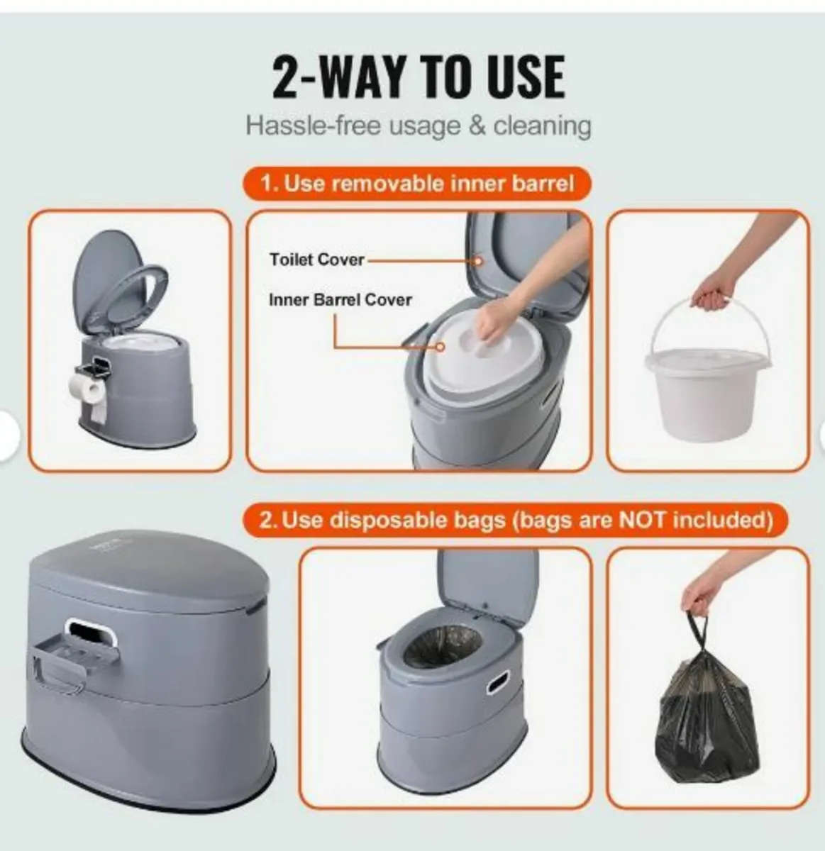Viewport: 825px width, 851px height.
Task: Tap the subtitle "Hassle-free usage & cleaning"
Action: tap(418, 126)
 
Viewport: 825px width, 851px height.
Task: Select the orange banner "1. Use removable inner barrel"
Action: tap(417, 184)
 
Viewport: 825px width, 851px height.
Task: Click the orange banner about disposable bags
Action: tap(516, 521)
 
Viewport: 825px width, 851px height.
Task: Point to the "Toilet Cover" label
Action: tap(316, 260)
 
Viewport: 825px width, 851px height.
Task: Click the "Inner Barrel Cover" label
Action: tap(340, 299)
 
